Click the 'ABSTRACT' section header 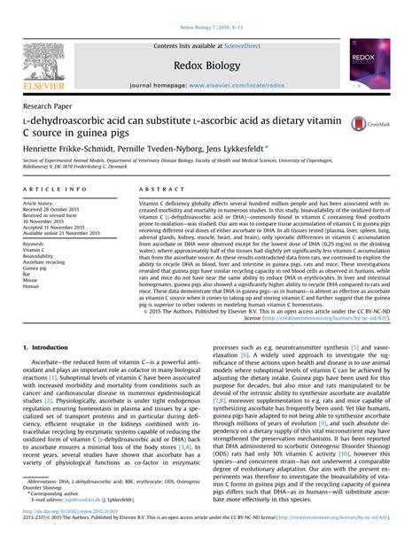pos(160,190)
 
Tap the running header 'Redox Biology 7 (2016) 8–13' pos(209,6)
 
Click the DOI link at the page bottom pos(67,536)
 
